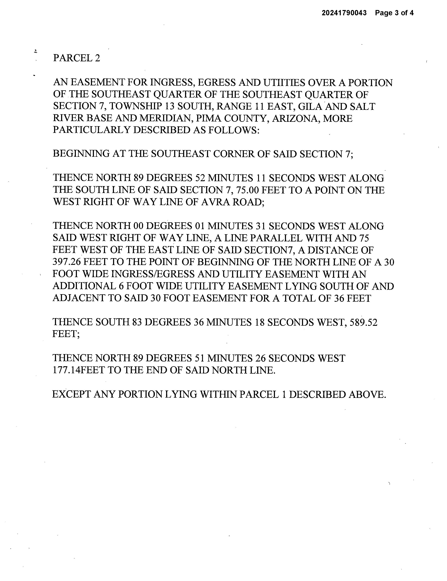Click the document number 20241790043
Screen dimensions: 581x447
(344, 13)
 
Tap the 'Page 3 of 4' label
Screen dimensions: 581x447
(394, 13)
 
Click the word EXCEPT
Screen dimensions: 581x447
(71, 394)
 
